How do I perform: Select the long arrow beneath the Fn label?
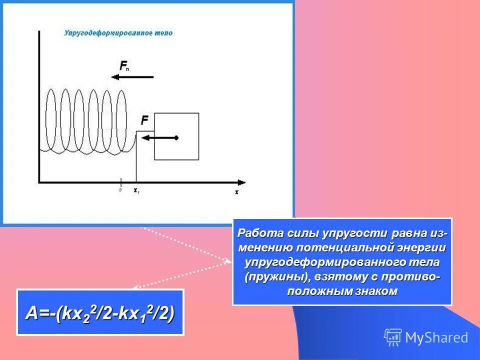point(132,77)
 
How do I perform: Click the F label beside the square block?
point(144,120)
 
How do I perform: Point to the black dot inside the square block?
point(176,137)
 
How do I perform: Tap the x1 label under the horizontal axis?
point(136,190)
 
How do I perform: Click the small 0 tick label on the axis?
point(120,190)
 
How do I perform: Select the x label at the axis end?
point(237,191)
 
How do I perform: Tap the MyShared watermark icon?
point(393,337)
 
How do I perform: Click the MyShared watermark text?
point(436,338)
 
